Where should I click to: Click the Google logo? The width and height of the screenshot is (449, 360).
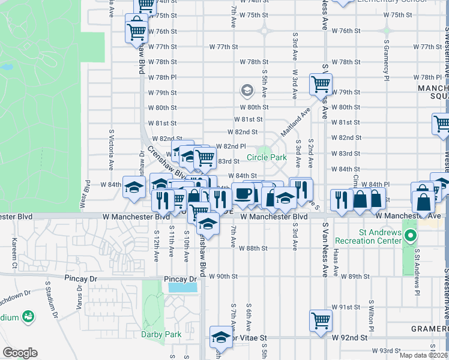[x=20, y=353]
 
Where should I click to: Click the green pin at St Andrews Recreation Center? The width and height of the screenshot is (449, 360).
[x=410, y=236]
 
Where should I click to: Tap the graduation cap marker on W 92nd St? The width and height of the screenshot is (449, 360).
[x=221, y=338]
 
